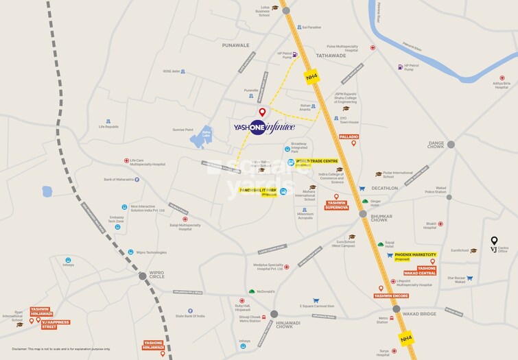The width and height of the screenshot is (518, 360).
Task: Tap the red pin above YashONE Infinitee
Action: (261, 112)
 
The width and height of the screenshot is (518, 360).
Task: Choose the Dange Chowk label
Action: (436, 145)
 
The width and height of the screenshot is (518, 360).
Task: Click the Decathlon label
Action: (384, 188)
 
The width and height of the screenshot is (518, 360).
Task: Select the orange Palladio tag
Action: (349, 137)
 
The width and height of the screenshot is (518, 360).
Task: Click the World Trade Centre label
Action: (312, 162)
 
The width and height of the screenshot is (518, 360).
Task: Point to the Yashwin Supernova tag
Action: (336, 204)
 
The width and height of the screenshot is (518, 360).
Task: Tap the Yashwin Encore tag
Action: (391, 296)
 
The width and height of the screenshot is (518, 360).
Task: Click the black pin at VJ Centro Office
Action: (493, 241)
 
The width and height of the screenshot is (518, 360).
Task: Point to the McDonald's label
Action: (265, 291)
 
